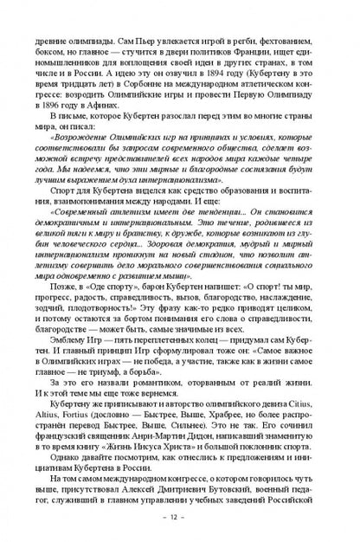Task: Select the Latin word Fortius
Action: point(66,399)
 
